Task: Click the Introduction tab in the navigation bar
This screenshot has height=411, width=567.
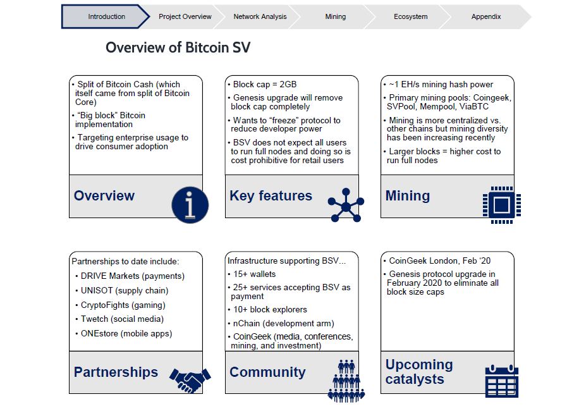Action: pos(106,16)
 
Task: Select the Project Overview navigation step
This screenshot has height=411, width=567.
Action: pos(185,16)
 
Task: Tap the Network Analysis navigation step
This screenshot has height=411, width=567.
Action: pos(260,16)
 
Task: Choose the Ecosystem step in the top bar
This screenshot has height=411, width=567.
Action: pos(410,16)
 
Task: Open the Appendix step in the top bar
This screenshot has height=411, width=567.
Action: pos(486,16)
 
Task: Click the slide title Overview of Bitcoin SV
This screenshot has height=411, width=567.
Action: pos(178,47)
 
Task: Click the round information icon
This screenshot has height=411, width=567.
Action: pos(190,205)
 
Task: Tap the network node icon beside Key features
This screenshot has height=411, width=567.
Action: pos(346,205)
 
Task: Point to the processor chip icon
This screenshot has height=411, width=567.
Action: pos(502,205)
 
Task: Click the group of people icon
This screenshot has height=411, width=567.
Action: pos(346,381)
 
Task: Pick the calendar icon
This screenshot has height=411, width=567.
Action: pos(501,381)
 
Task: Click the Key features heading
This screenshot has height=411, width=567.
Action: pos(271,196)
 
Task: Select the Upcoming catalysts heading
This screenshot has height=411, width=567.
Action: pos(419,372)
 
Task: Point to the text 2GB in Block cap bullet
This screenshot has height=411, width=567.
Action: pos(288,84)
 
